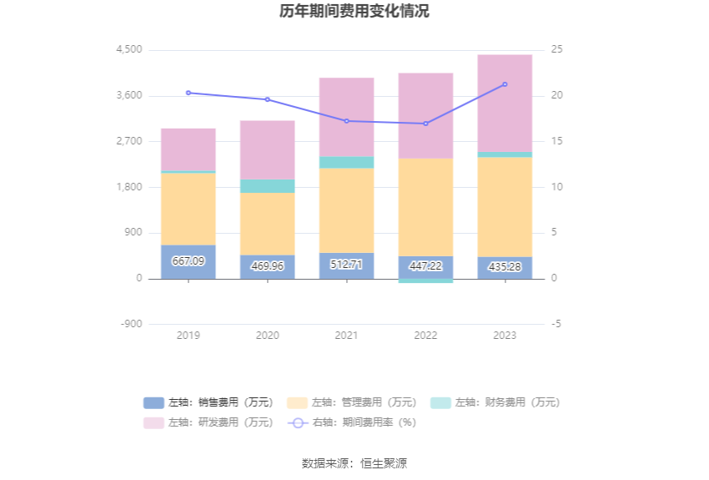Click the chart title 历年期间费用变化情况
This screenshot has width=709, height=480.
[x=354, y=12]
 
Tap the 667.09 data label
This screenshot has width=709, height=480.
[x=188, y=261]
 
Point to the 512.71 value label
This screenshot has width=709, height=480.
[x=346, y=265]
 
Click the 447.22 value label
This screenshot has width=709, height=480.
[x=425, y=266]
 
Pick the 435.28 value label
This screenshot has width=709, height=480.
[x=505, y=266]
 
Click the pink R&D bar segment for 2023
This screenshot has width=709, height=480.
[x=505, y=103]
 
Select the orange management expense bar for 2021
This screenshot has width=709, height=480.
[x=346, y=210]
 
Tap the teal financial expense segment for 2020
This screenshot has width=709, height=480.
[x=267, y=186]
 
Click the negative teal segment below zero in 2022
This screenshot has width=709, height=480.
[x=425, y=281]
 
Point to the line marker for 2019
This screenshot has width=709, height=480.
[x=188, y=93]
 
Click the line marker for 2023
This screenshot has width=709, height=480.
[x=505, y=84]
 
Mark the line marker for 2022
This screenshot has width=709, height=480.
[x=425, y=124]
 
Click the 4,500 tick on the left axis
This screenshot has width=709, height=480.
[x=129, y=50]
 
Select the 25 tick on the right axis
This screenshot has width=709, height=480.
[x=557, y=50]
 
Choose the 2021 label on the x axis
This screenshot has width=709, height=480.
[x=346, y=336]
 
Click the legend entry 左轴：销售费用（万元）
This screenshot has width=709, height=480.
[x=209, y=402]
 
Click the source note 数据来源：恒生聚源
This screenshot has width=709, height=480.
[x=354, y=463]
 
